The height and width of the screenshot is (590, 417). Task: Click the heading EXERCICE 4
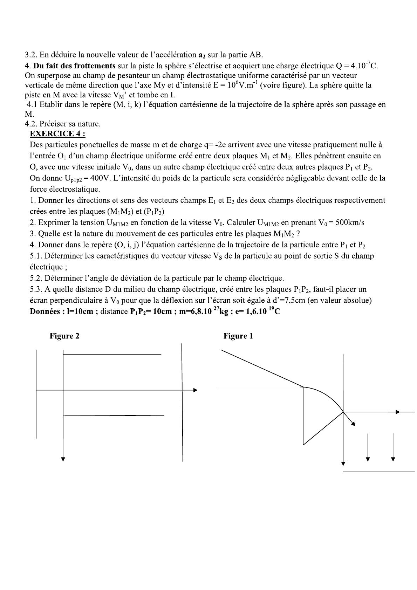[57, 134]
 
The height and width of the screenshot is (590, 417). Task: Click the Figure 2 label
[64, 336]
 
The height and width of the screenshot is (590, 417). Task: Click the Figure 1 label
[238, 336]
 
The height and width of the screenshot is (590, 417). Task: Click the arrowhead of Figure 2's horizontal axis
[196, 390]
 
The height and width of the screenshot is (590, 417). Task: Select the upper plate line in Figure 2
[112, 355]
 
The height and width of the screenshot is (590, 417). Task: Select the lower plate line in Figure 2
[114, 416]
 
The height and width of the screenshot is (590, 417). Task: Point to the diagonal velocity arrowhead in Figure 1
[354, 424]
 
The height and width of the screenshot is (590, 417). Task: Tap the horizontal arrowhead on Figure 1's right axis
[397, 412]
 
